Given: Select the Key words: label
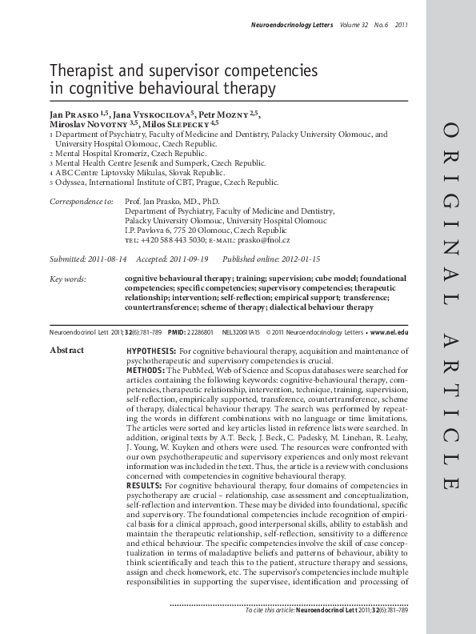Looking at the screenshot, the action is pyautogui.click(x=67, y=279).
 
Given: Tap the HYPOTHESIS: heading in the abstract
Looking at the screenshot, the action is pyautogui.click(x=151, y=351).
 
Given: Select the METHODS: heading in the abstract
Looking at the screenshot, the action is pyautogui.click(x=146, y=370).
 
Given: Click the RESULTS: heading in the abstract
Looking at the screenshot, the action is pyautogui.click(x=144, y=485).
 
